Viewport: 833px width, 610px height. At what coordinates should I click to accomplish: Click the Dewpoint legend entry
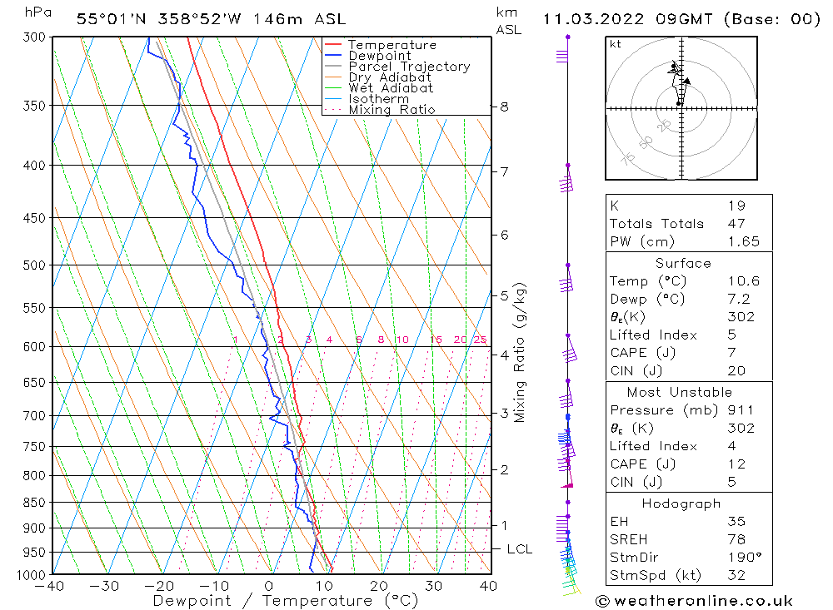point(379,56)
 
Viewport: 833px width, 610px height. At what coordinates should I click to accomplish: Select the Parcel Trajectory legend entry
point(409,67)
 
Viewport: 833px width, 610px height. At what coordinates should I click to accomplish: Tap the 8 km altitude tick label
point(504,107)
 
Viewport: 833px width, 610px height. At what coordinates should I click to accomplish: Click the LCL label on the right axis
point(519,549)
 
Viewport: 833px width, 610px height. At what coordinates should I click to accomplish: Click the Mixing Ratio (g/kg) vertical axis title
point(521,353)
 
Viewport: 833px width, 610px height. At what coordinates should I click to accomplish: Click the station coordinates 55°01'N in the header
point(107,19)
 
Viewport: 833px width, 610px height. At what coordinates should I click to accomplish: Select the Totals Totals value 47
point(736,223)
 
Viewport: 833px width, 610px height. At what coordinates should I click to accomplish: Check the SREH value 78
point(736,539)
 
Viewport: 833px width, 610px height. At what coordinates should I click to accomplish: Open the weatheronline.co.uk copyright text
point(694,601)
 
